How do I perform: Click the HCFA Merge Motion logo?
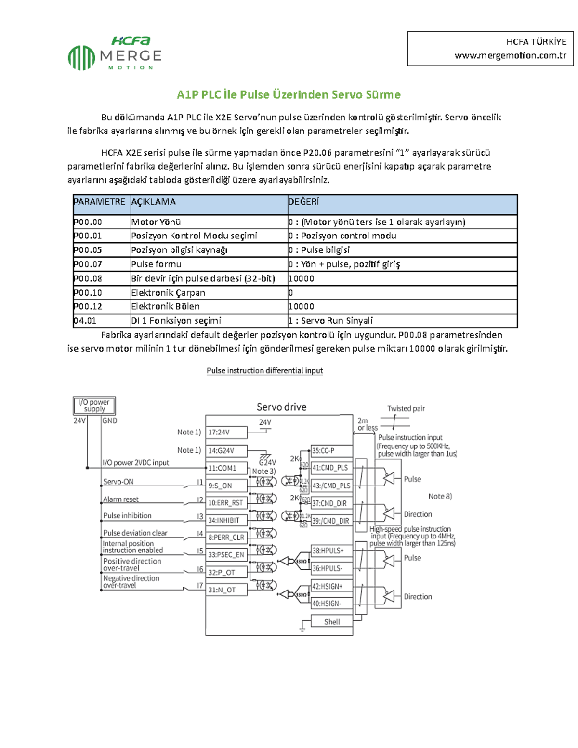coord(115,53)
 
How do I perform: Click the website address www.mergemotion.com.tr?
coord(510,55)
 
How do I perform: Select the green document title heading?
coord(289,94)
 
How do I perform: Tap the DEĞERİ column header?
coord(303,202)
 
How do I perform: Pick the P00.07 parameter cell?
coord(88,264)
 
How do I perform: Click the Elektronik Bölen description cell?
coord(165,306)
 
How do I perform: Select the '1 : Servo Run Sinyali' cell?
coord(330,321)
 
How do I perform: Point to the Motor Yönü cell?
coord(156,222)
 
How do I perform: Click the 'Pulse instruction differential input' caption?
coord(264,370)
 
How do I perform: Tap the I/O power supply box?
coord(94,406)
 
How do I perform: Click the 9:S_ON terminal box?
coord(226,486)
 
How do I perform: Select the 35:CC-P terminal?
coord(331,451)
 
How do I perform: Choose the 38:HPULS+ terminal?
coord(331,551)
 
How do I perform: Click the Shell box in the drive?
coord(331,622)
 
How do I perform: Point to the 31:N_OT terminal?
coord(226,590)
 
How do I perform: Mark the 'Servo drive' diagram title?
coord(281,407)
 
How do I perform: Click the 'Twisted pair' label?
coord(406,408)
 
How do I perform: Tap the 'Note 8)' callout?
coord(440,496)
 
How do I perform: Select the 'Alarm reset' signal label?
coord(121,499)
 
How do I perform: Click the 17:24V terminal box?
coord(226,432)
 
